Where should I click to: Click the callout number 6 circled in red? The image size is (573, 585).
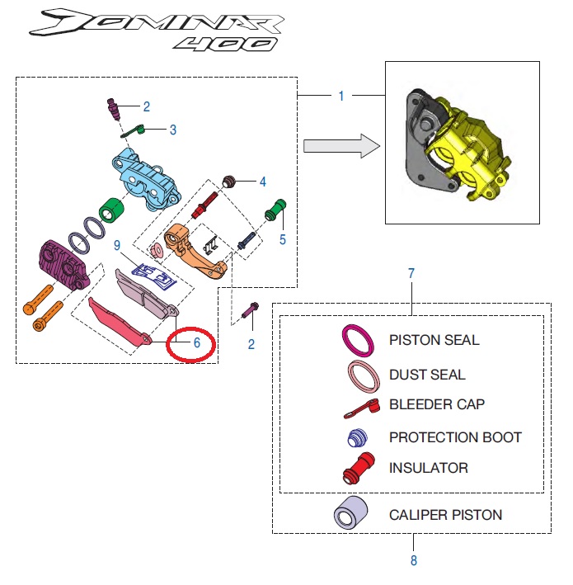click(x=197, y=341)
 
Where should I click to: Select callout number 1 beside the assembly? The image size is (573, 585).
click(x=341, y=97)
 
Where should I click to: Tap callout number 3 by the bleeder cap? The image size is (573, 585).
click(x=173, y=130)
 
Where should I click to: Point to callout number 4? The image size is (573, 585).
click(x=262, y=182)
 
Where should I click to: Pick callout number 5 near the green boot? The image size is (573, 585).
click(x=283, y=240)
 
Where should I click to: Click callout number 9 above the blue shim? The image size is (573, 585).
click(x=117, y=245)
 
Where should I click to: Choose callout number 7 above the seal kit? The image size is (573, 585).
click(x=411, y=272)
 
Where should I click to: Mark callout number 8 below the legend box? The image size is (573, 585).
click(x=413, y=561)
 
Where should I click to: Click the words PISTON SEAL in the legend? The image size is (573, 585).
click(x=434, y=340)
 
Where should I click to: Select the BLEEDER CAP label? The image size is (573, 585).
click(x=437, y=404)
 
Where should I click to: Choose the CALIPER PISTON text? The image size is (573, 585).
click(x=445, y=515)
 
